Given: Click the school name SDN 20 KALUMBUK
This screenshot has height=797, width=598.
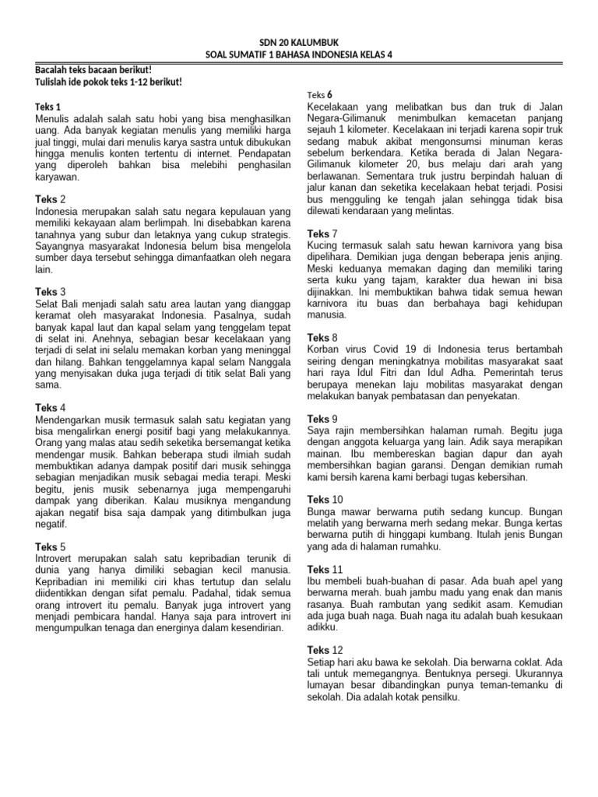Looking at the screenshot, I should click(299, 42).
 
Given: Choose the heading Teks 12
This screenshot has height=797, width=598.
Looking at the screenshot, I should click(325, 649).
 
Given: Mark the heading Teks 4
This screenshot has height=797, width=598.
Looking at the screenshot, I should click(51, 407).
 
